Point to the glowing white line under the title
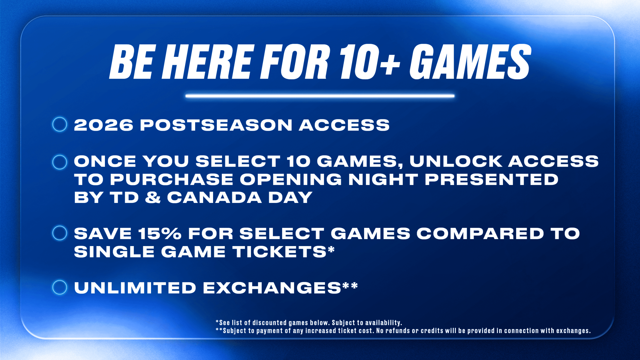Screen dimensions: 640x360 [x=320, y=96]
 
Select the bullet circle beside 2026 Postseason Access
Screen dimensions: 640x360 [x=60, y=124]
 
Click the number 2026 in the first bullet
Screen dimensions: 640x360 [x=103, y=125]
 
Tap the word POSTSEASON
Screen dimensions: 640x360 [x=216, y=125]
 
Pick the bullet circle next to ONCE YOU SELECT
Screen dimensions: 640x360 [x=60, y=162]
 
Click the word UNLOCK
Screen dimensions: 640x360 [x=456, y=161]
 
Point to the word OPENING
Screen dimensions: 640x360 [x=291, y=179]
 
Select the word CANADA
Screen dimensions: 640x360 [x=214, y=197]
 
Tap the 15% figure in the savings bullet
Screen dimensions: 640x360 [x=160, y=234]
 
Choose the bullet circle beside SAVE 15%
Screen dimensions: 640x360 [x=60, y=233]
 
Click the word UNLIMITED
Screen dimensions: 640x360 [x=135, y=288]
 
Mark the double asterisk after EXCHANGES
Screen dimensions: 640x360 [x=350, y=285]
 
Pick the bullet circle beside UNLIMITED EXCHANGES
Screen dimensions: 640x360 [x=60, y=287]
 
